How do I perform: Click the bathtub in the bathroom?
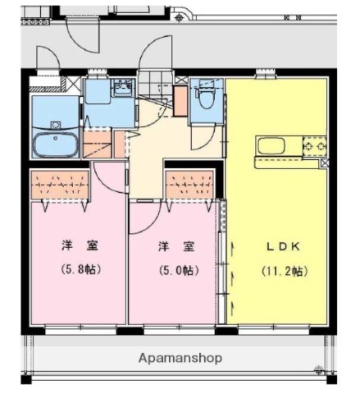click(x=56, y=146)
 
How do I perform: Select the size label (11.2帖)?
click(x=283, y=270)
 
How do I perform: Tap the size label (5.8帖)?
click(x=80, y=268)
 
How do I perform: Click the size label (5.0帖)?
click(x=175, y=269)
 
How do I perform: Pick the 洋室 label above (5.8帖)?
click(x=80, y=245)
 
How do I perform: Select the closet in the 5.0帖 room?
click(x=191, y=186)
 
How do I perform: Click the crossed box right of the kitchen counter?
click(x=326, y=163)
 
